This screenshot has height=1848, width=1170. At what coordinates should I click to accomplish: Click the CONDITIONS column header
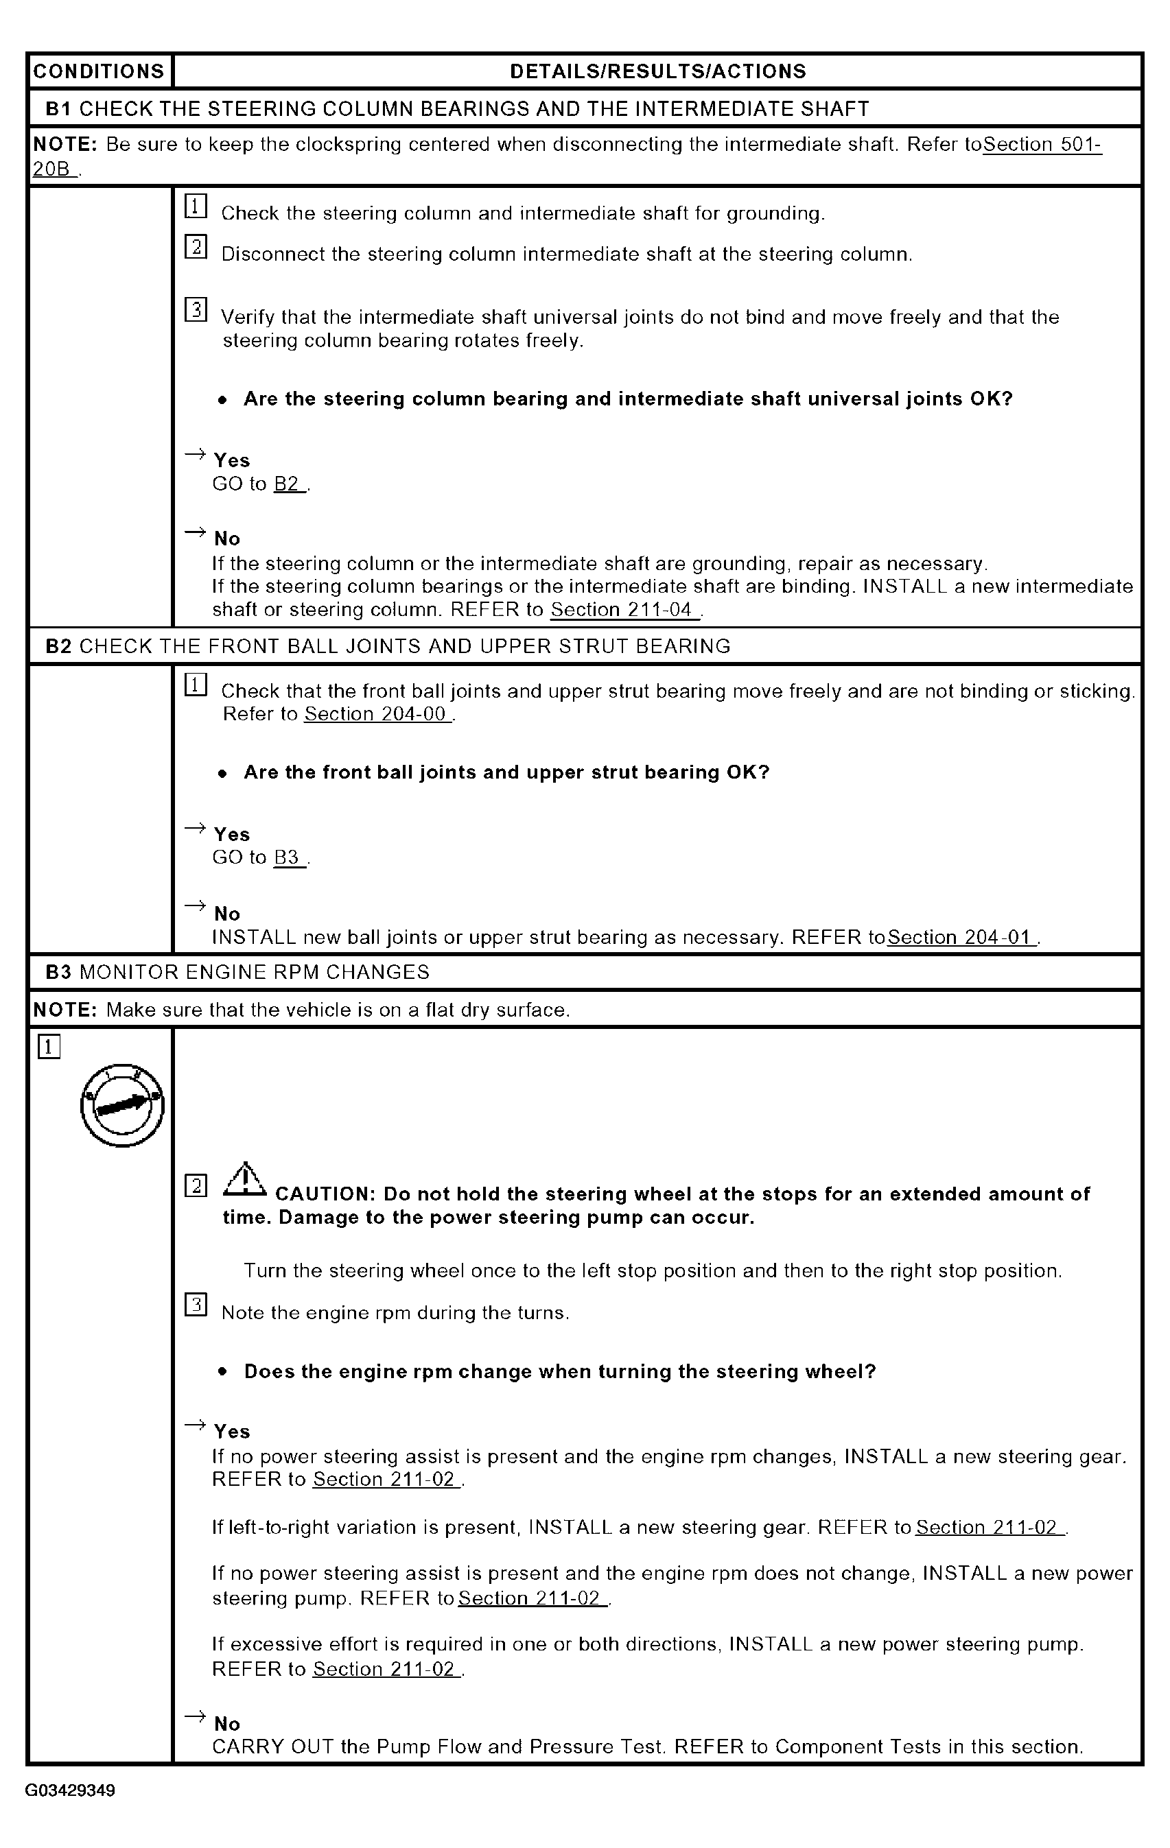(99, 71)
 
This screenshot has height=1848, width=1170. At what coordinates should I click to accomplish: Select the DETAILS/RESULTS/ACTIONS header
(658, 71)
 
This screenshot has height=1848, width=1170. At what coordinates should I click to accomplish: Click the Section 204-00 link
(375, 715)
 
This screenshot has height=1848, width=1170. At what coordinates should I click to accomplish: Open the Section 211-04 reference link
(622, 610)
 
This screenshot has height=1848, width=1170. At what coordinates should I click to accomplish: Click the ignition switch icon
(122, 1105)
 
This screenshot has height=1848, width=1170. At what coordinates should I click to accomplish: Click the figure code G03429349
(70, 1790)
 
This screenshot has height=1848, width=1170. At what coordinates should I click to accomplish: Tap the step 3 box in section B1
(196, 310)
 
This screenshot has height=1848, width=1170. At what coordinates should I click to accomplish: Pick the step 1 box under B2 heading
(196, 685)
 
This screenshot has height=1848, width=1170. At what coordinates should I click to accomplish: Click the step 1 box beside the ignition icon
(48, 1047)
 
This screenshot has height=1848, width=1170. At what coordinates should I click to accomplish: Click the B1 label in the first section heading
(58, 109)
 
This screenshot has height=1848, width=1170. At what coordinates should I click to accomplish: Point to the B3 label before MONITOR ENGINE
(58, 972)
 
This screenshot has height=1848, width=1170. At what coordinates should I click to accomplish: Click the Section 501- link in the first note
(1042, 144)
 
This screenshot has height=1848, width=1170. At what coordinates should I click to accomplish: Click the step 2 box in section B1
(196, 247)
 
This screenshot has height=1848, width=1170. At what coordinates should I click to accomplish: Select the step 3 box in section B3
(196, 1305)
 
